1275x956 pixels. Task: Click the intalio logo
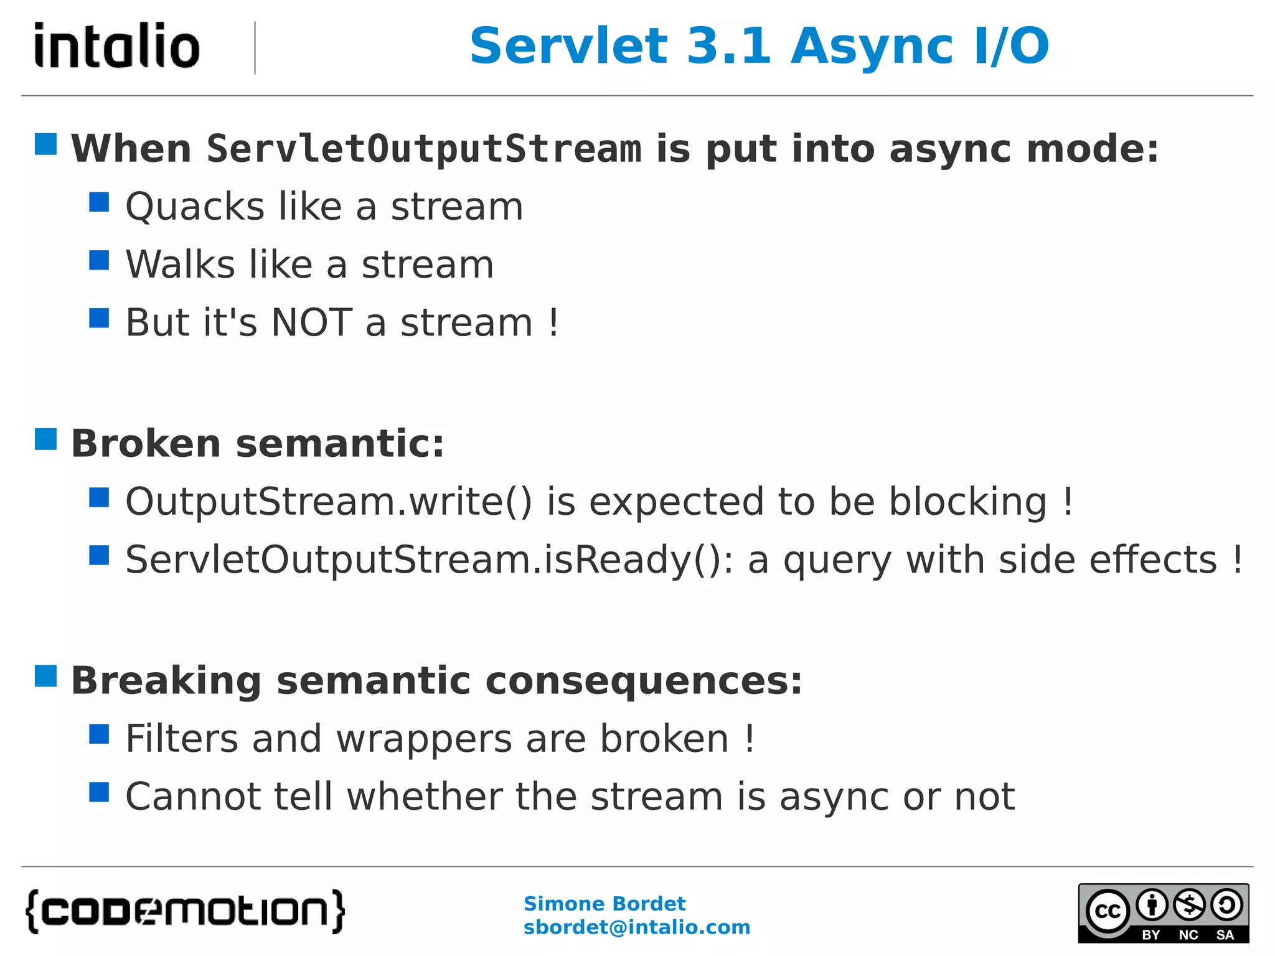tap(117, 45)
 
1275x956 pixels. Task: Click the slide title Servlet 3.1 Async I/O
tap(759, 46)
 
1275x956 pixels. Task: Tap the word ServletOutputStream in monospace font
tap(424, 149)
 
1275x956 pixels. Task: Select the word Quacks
tap(195, 207)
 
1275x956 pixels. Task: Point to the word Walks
tap(181, 265)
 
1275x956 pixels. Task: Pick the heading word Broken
tap(146, 444)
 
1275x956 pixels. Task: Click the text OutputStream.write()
tap(329, 502)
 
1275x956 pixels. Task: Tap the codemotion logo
tap(185, 911)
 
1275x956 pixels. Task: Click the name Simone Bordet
tap(604, 904)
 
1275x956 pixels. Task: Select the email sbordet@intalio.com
tap(636, 927)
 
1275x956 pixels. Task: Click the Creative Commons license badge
tap(1163, 913)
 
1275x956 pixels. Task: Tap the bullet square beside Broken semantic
tap(46, 439)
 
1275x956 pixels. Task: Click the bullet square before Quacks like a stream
tap(99, 202)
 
